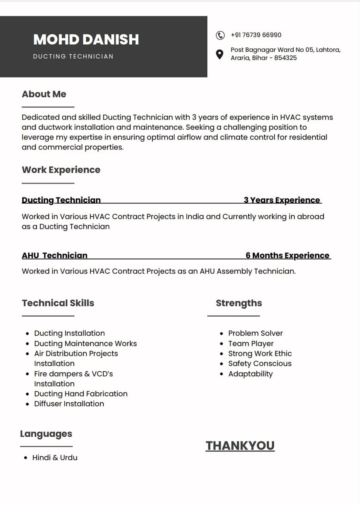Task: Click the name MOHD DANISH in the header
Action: pos(86,39)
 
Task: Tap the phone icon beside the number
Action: pos(220,35)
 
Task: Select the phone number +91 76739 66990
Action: pos(256,35)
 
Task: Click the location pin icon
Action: pos(219,54)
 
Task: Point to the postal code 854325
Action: pos(285,58)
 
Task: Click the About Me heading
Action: pos(44,94)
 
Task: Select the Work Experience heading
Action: pos(61,170)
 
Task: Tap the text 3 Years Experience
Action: pos(282,200)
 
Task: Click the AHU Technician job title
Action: pos(55,255)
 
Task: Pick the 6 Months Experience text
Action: pos(287,255)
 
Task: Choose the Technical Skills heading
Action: pos(58,303)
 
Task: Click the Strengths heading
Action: pos(239,303)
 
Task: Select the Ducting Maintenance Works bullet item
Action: pos(85,344)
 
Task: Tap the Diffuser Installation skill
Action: pos(69,404)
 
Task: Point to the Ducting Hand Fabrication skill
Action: pos(81,394)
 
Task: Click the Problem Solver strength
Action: pos(255,333)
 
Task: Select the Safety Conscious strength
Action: pos(260,364)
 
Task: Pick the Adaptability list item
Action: pos(250,374)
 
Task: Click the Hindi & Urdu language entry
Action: pos(55,458)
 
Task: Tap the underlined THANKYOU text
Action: pos(240,446)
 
